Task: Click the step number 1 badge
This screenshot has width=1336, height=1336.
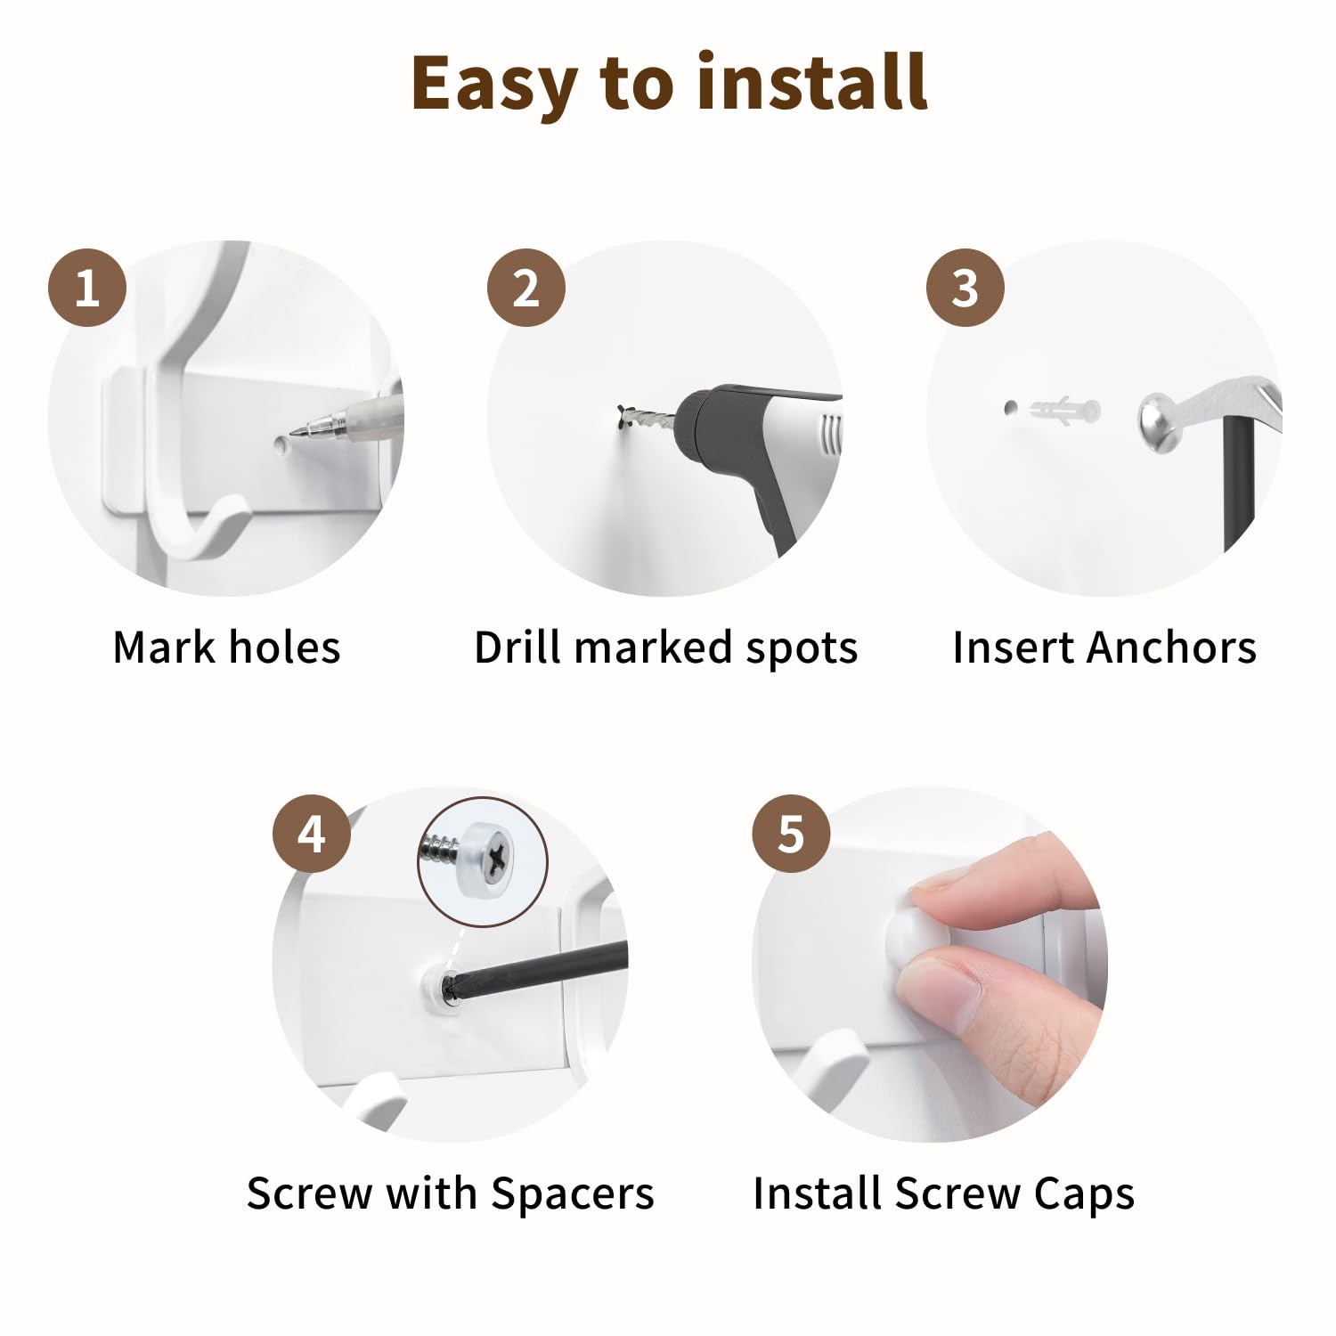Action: pyautogui.click(x=87, y=288)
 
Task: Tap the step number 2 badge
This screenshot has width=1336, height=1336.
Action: pyautogui.click(x=526, y=288)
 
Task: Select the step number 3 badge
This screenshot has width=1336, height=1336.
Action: pyautogui.click(x=965, y=288)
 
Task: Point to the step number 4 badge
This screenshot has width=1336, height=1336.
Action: pyautogui.click(x=312, y=834)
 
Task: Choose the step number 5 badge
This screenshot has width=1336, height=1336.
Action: pyautogui.click(x=791, y=834)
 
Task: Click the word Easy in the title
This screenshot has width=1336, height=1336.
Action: pyautogui.click(x=493, y=85)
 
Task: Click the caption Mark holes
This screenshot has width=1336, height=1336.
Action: pyautogui.click(x=226, y=648)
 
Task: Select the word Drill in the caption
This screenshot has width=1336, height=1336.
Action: pyautogui.click(x=517, y=648)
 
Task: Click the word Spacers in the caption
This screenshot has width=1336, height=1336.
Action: pyautogui.click(x=573, y=1194)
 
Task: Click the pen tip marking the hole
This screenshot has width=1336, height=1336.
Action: pyautogui.click(x=294, y=434)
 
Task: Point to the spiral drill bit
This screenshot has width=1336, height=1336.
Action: pyautogui.click(x=646, y=417)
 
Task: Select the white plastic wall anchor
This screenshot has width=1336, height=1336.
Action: pyautogui.click(x=1065, y=411)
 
